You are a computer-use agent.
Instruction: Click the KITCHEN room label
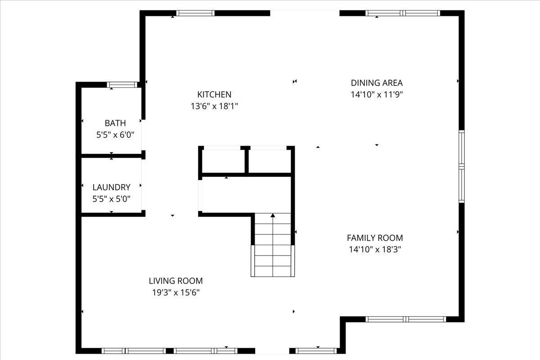pos(214,94)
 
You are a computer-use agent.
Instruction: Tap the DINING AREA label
pos(377,83)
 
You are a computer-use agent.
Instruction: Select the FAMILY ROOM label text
pos(375,238)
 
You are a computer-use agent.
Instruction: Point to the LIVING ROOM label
pos(176,281)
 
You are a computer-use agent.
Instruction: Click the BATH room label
pos(115,123)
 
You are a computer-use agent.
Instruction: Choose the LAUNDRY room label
pos(112,187)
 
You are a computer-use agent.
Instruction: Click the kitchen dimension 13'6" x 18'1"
pos(214,106)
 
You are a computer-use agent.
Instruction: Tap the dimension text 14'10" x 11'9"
pos(377,94)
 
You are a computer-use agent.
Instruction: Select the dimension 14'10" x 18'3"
pos(375,249)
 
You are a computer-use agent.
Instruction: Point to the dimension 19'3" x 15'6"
pos(176,292)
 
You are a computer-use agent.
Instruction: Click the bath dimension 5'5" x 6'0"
pos(115,135)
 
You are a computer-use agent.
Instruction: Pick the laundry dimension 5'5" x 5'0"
pos(112,199)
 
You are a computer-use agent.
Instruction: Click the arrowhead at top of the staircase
pos(273,215)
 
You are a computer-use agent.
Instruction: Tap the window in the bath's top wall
pos(122,85)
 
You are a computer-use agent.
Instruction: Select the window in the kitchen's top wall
pos(195,13)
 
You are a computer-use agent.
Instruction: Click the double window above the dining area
pos(403,13)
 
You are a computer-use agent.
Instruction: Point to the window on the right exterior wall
pos(461,166)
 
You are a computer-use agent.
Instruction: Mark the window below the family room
pos(406,319)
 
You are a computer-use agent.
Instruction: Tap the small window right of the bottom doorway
pos(316,351)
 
